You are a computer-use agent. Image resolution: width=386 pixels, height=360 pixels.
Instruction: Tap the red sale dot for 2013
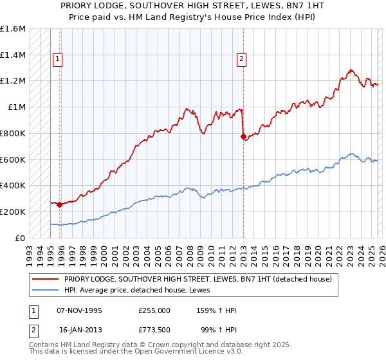[243, 136]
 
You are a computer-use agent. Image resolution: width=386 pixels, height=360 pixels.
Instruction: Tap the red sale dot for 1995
[60, 204]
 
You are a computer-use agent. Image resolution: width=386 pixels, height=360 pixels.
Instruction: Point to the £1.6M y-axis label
[13, 29]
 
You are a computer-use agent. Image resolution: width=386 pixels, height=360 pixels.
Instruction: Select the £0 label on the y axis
[21, 238]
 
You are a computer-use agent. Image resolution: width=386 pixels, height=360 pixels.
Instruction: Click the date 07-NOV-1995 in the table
[79, 310]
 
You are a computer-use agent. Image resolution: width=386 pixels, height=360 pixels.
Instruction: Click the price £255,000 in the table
[154, 310]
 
